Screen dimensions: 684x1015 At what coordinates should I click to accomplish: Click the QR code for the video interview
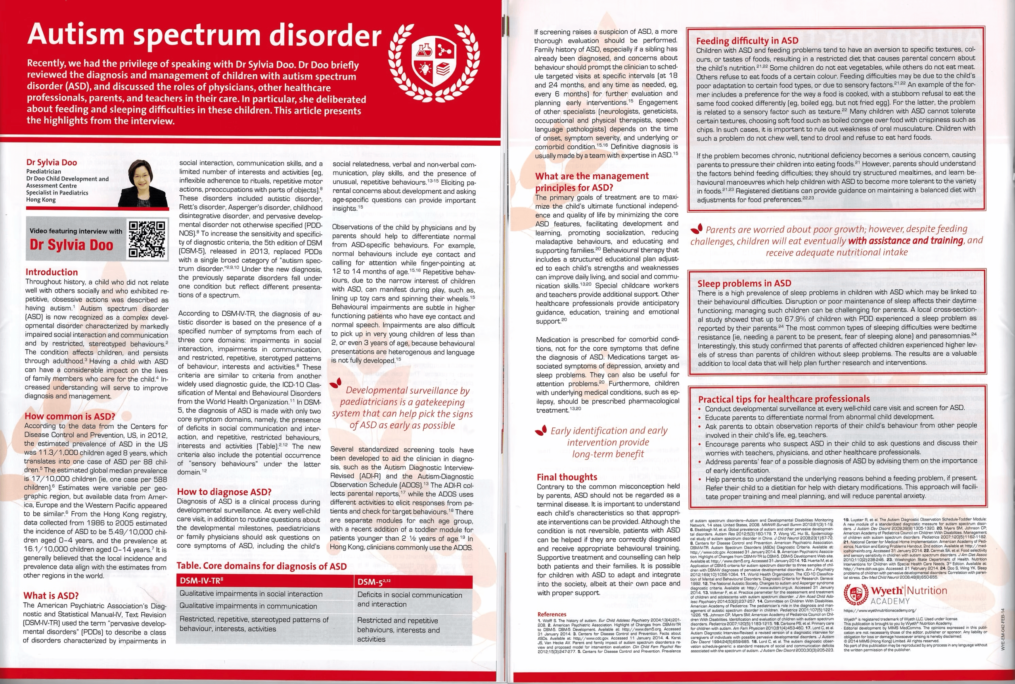click(147, 239)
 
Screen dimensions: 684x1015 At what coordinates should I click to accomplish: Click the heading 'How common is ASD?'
click(70, 416)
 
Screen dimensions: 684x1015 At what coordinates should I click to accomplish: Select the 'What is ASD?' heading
click(51, 595)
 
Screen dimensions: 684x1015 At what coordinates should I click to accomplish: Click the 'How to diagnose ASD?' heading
click(224, 492)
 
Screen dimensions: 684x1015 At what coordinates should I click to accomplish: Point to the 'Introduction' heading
click(52, 272)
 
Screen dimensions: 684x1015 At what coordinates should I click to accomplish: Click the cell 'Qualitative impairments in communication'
click(248, 606)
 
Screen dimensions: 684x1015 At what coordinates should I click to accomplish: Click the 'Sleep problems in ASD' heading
click(744, 284)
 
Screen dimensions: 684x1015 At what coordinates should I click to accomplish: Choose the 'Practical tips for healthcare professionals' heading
click(783, 399)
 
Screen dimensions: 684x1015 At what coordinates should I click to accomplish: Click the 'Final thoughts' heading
click(567, 477)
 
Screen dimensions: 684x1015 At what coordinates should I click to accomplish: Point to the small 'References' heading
click(552, 614)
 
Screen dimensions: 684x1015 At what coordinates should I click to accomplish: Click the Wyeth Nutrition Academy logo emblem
click(856, 594)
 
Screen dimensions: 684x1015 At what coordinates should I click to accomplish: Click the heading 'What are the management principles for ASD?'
click(592, 181)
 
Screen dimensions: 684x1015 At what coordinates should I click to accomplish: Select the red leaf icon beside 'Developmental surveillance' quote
click(335, 383)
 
